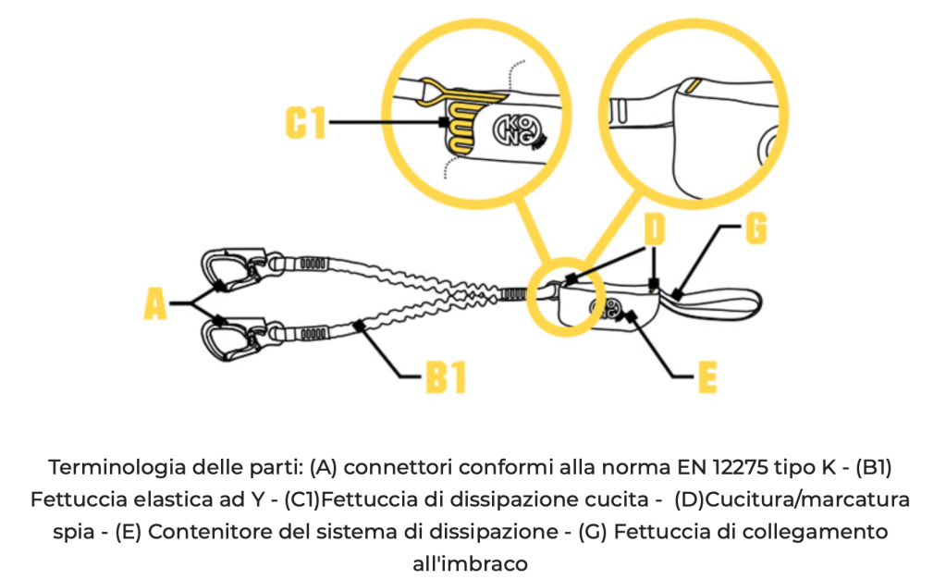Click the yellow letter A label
coord(156,304)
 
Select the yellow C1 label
coord(305,121)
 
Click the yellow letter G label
coord(756,229)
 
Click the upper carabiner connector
coord(231,267)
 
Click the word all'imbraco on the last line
coord(472,562)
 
